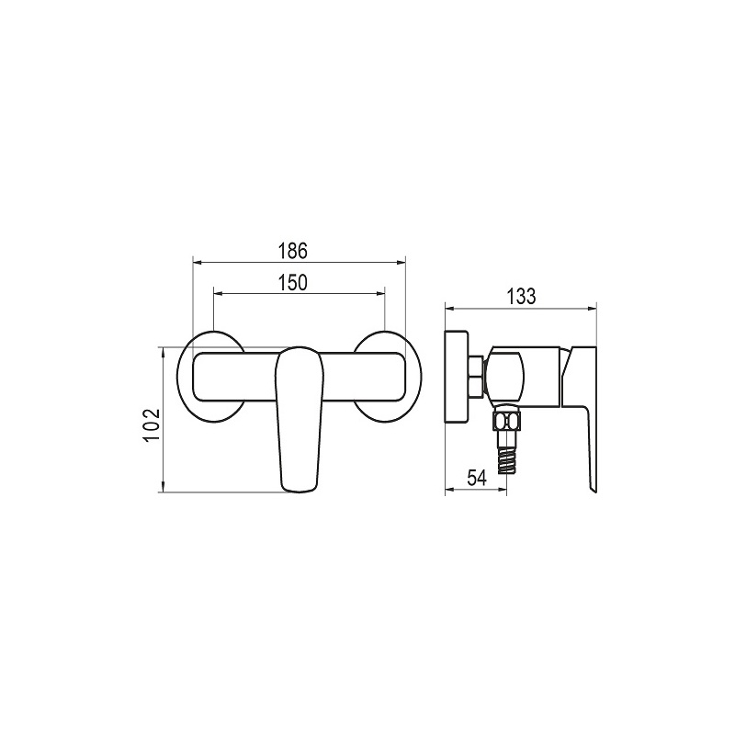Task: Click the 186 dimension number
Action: [293, 251]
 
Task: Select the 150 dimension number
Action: [293, 283]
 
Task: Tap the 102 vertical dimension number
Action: [152, 425]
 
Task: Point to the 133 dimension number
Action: [521, 296]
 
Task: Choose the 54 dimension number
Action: [477, 478]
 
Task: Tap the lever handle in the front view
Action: [299, 420]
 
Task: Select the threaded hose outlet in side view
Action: [506, 459]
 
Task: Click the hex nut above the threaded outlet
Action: [506, 422]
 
